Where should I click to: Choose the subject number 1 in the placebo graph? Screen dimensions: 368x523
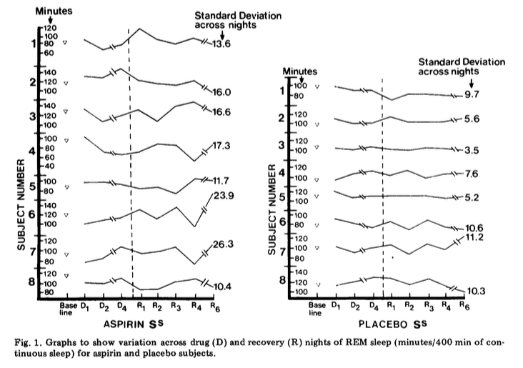tap(282, 91)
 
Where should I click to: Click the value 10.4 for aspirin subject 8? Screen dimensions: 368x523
tap(222, 286)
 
